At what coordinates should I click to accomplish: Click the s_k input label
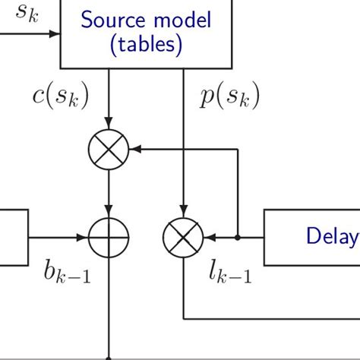point(21,14)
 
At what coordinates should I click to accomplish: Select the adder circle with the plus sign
point(109,238)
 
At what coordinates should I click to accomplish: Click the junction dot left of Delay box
point(238,238)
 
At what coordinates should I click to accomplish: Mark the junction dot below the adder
point(109,357)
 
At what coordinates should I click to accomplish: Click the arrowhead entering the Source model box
point(55,34)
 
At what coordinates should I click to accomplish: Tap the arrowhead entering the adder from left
point(84,238)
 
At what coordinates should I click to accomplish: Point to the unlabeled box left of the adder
point(14,238)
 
